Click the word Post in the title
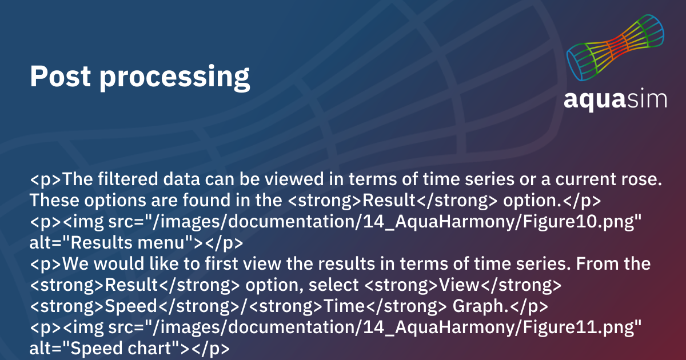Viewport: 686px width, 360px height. coord(61,76)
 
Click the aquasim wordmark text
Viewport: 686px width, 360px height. coord(615,99)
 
